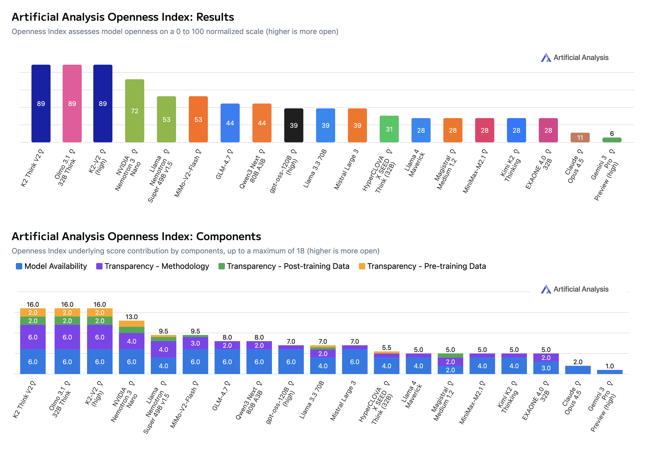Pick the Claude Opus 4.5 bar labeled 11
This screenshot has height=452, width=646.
[580, 137]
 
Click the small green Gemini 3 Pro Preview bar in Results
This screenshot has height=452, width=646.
[612, 140]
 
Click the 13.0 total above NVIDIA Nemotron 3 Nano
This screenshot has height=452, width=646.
[131, 317]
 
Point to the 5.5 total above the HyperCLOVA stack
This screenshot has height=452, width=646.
[387, 347]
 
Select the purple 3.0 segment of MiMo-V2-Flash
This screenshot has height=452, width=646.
[195, 343]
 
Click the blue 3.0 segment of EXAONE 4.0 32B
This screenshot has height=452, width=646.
[546, 368]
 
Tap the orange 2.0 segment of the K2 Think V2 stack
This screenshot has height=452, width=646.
[33, 312]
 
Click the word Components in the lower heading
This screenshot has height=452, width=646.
[229, 236]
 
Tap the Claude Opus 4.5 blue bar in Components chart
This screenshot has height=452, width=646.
[578, 370]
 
